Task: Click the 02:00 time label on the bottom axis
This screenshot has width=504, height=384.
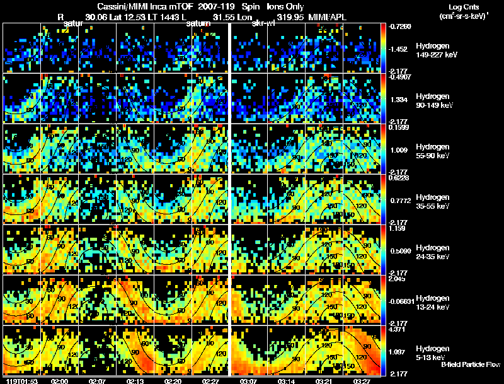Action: tap(60, 381)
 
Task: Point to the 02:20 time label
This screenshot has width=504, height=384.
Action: tap(173, 381)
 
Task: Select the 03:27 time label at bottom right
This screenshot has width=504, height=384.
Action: tap(362, 381)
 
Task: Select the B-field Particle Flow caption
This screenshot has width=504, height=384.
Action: tap(470, 364)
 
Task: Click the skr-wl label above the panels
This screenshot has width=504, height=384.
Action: tap(263, 23)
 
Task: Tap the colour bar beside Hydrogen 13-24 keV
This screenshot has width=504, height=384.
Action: tap(384, 300)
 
